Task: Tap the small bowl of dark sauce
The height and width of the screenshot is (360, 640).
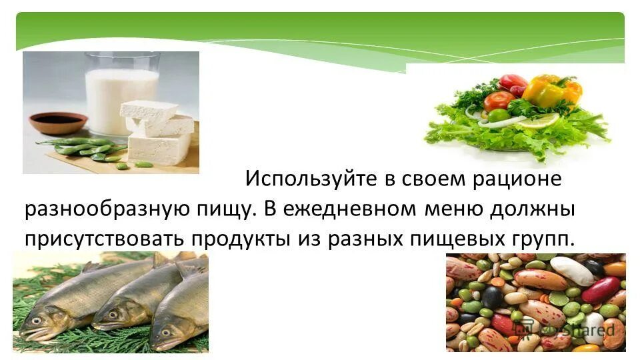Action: coord(58,122)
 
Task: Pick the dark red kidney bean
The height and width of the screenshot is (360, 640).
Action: coord(600,290)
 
